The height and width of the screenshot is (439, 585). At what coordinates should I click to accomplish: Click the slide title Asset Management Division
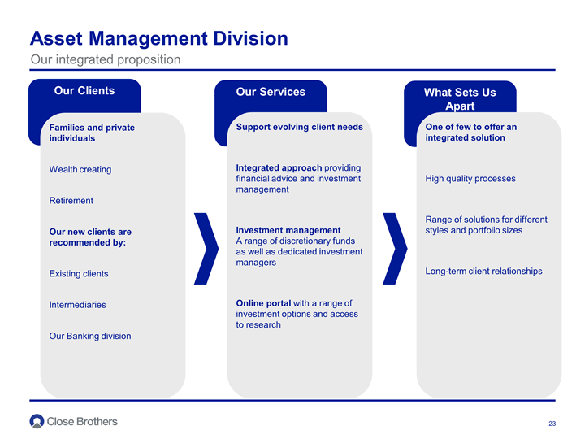(x=159, y=38)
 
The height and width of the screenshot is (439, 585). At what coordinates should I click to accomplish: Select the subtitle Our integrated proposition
(x=106, y=59)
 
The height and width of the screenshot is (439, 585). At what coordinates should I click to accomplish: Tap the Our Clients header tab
(x=84, y=91)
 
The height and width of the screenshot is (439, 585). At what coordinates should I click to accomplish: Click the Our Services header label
(x=271, y=92)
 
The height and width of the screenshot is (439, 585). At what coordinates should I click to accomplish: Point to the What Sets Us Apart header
(x=460, y=99)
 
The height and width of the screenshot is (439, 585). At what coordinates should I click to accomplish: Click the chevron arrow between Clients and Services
(x=206, y=249)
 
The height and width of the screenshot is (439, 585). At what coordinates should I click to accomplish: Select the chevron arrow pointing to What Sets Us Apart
(x=395, y=249)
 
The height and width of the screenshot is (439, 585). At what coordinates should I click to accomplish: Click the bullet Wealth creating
(x=80, y=169)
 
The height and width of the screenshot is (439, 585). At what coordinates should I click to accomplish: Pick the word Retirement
(x=71, y=201)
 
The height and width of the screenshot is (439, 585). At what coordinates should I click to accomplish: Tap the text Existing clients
(x=79, y=274)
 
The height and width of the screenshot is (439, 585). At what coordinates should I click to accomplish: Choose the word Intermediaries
(x=78, y=305)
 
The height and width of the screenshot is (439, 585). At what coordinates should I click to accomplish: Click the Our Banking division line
(x=90, y=336)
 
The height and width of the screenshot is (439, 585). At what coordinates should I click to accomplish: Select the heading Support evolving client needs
(x=299, y=127)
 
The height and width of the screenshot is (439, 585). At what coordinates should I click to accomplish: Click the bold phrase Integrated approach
(x=279, y=167)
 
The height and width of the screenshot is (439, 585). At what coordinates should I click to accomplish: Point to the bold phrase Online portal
(x=263, y=303)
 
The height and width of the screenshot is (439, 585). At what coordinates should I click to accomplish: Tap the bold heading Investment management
(x=288, y=230)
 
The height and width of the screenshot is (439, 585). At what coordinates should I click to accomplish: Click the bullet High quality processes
(x=470, y=178)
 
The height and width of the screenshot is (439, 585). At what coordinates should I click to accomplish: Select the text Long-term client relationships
(x=484, y=271)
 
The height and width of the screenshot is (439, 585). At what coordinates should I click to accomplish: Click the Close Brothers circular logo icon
(x=37, y=421)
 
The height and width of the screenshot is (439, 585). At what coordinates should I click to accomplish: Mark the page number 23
(x=552, y=424)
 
